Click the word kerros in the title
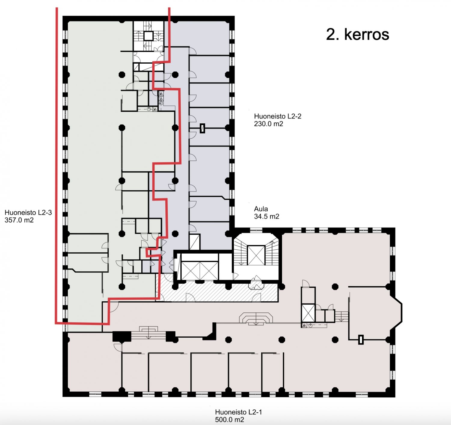[367, 35]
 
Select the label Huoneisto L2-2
[278, 116]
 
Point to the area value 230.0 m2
[268, 124]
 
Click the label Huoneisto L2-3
[28, 212]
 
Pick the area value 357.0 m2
[19, 220]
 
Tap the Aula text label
[261, 209]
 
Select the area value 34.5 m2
[266, 216]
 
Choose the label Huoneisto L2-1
[238, 412]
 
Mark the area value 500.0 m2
[229, 420]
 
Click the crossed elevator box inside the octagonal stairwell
[256, 255]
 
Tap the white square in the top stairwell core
[149, 36]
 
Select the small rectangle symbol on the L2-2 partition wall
[202, 128]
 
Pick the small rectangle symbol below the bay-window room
[361, 340]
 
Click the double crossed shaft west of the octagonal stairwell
[200, 270]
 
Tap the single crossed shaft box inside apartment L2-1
[308, 313]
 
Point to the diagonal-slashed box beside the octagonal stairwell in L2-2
[195, 242]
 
